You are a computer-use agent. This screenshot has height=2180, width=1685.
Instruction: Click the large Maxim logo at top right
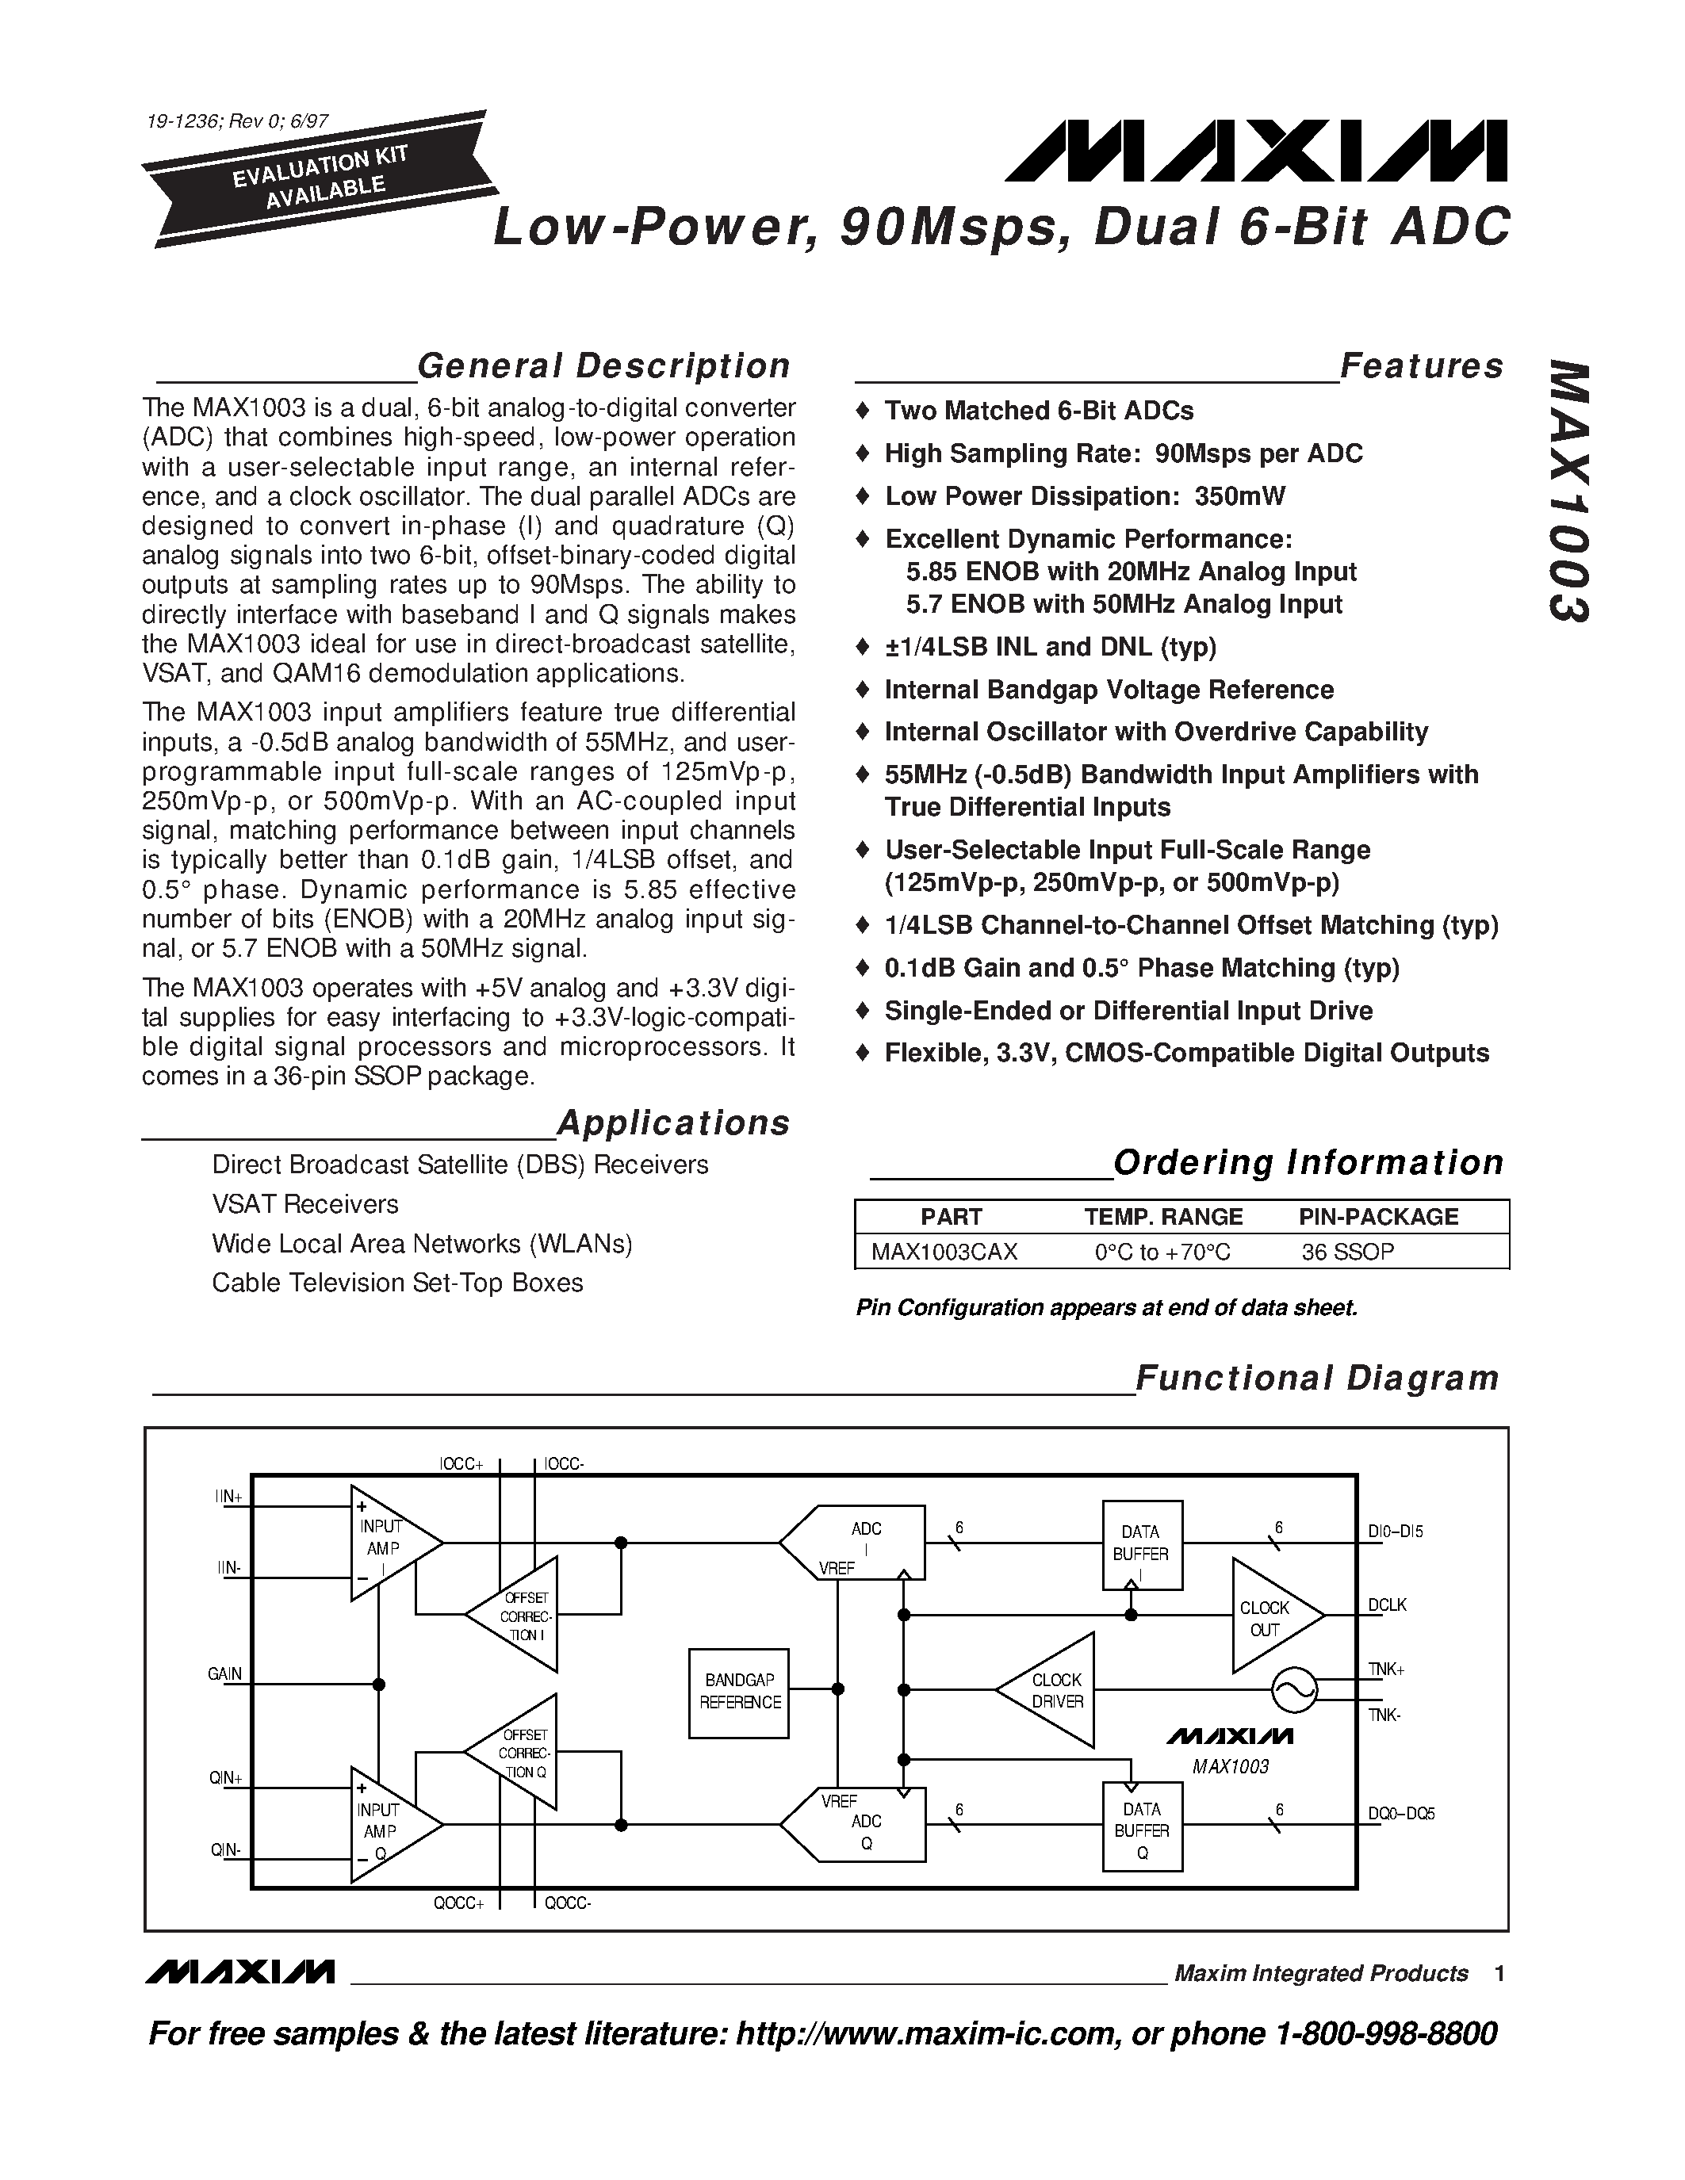pyautogui.click(x=1254, y=151)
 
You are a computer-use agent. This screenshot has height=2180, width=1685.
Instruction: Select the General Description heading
pyautogui.click(x=603, y=366)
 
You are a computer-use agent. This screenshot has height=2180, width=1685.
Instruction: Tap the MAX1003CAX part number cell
pyautogui.click(x=944, y=1252)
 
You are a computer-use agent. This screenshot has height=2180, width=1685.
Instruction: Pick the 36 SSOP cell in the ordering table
pyautogui.click(x=1347, y=1252)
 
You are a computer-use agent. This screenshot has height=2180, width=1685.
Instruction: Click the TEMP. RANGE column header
pyautogui.click(x=1163, y=1217)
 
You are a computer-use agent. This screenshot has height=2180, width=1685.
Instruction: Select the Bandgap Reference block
pyautogui.click(x=740, y=1692)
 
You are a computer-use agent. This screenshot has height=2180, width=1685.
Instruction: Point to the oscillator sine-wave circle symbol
pyautogui.click(x=1295, y=1690)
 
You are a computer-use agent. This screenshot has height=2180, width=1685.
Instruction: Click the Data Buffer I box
pyautogui.click(x=1141, y=1544)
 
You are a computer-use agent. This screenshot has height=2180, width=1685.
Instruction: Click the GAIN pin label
pyautogui.click(x=224, y=1674)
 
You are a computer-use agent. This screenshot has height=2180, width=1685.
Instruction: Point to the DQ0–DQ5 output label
pyautogui.click(x=1400, y=1814)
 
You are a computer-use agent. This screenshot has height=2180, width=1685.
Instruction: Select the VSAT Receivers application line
pyautogui.click(x=304, y=1205)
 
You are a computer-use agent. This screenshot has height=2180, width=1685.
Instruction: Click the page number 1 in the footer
pyautogui.click(x=1499, y=1973)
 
